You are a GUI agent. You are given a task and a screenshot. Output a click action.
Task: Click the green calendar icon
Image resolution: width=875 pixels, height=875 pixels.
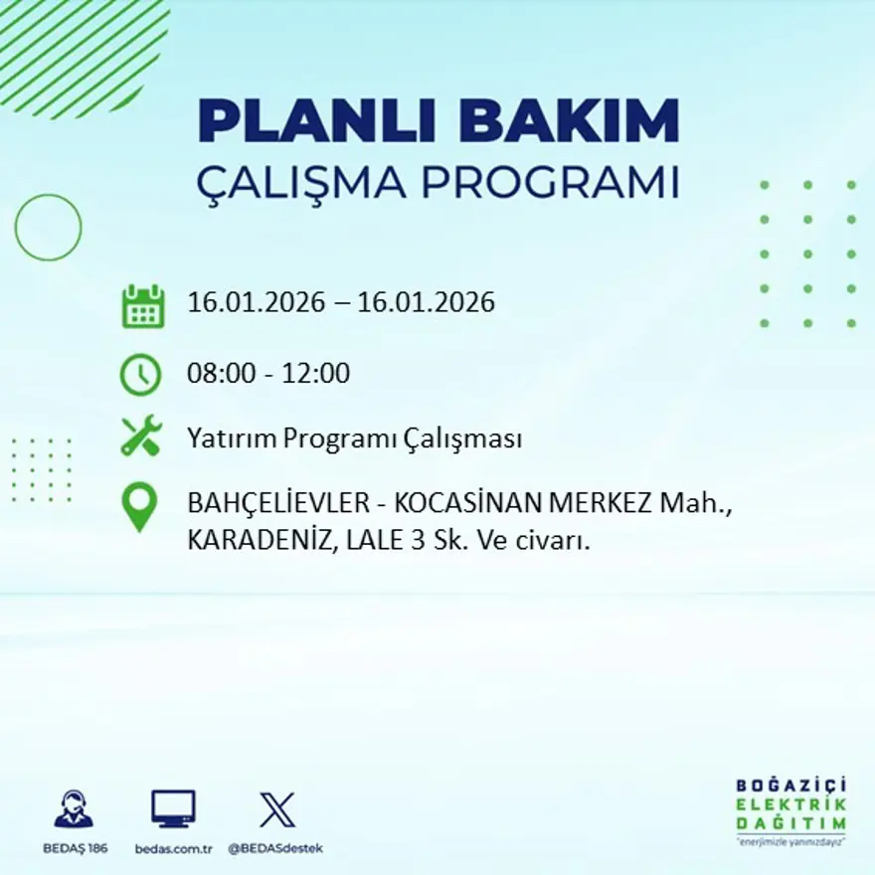142,306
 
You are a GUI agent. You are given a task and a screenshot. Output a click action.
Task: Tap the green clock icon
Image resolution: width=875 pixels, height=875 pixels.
140,375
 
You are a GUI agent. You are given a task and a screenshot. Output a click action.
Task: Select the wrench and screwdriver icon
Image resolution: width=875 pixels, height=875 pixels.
140,437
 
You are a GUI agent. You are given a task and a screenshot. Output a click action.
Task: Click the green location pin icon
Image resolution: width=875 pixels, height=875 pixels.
139,505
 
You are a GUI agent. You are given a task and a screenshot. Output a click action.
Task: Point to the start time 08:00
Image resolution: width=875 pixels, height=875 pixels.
219,374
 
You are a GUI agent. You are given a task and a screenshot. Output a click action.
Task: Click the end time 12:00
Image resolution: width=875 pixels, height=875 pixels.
317,374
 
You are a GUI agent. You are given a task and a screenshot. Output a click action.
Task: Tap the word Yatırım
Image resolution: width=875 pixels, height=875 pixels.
231,438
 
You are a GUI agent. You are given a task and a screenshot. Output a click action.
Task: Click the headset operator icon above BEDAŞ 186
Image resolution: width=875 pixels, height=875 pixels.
73,809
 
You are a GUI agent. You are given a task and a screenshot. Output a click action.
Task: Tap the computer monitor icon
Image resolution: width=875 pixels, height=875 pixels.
173,809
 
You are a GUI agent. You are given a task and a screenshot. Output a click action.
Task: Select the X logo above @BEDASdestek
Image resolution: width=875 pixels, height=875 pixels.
276,809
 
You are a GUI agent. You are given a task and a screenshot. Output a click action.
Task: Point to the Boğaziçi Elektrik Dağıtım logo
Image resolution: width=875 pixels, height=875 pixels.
791,810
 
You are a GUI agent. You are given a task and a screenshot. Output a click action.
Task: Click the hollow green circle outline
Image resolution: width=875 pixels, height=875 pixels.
48,228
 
